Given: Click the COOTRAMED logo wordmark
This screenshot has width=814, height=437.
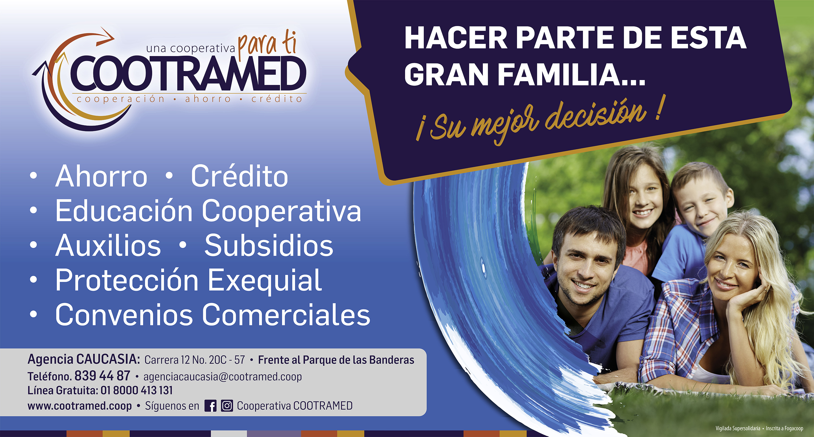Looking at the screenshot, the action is tap(188, 73).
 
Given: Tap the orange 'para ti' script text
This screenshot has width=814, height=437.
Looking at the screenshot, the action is tap(267, 45).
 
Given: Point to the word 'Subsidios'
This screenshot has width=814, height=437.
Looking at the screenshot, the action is tap(269, 246).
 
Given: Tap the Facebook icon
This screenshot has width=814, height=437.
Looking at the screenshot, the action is tap(210, 406).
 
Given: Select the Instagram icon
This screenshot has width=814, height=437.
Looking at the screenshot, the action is tap(227, 406).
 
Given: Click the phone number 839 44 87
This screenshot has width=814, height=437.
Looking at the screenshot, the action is tap(102, 376).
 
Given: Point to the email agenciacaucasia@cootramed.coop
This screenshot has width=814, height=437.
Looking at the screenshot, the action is tap(223, 377).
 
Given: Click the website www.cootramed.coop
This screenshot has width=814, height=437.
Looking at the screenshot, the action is tap(80, 406).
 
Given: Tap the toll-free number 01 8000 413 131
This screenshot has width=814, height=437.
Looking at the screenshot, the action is tap(136, 390).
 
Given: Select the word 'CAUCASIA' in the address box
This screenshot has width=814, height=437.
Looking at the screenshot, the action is tap(108, 359).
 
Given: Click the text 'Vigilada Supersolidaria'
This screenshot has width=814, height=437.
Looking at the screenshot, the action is tap(738, 428).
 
